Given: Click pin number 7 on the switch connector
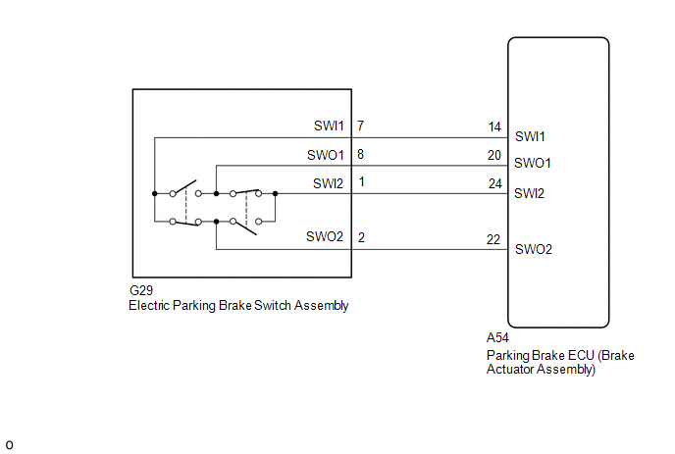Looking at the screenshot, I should (361, 126).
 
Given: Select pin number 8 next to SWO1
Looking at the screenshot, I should (361, 154).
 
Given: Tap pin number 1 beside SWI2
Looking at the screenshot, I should (361, 182).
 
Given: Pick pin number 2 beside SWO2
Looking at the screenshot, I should (361, 238).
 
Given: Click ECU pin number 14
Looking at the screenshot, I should (494, 126).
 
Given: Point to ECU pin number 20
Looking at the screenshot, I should (494, 154).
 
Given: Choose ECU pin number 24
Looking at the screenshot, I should (494, 182).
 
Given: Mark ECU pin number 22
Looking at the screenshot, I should (494, 238).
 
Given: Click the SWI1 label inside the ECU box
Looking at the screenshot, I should (530, 136).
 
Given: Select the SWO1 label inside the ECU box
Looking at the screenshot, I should (534, 163).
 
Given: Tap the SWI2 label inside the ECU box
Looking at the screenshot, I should (530, 193).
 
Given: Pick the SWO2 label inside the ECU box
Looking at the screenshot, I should (535, 249).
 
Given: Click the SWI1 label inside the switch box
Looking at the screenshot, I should (330, 126).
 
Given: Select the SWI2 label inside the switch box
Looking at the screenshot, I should (330, 183).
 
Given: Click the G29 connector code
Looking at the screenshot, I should (141, 291).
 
